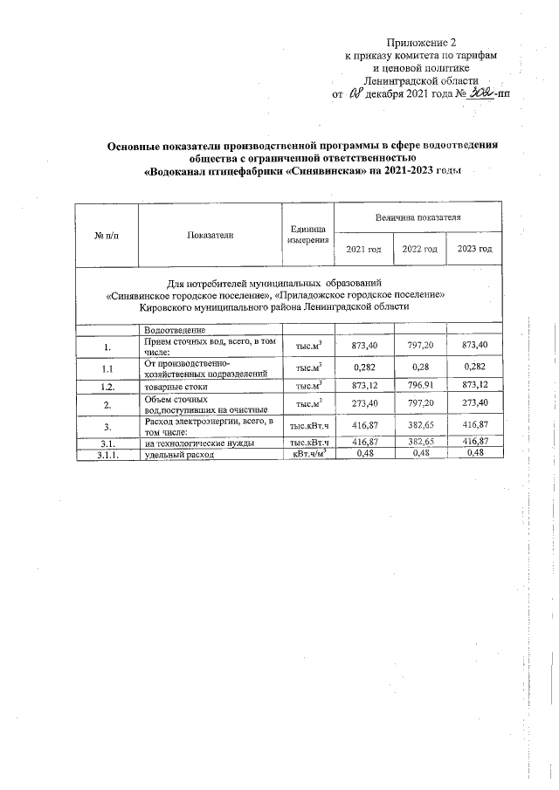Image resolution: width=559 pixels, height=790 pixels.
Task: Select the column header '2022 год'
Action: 420,250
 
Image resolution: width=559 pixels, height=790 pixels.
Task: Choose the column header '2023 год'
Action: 474,250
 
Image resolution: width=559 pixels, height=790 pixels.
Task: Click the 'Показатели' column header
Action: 210,235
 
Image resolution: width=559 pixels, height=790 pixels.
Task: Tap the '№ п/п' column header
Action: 107,235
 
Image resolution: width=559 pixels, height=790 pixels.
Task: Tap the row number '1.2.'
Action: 107,385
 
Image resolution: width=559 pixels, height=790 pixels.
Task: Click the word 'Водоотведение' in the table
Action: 176,330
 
